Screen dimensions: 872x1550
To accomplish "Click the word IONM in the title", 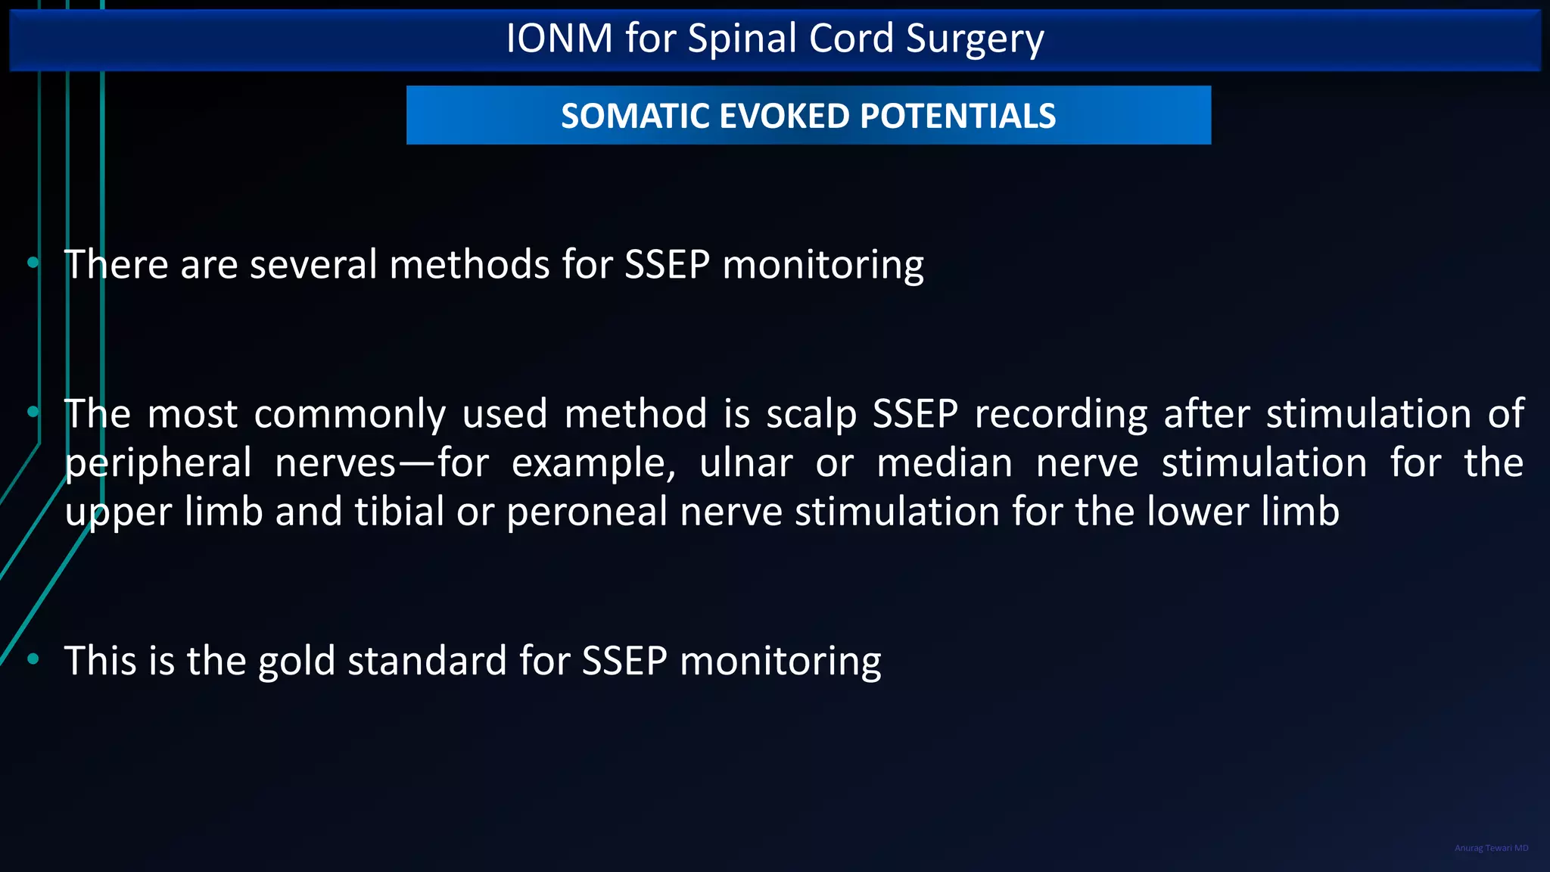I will tap(559, 39).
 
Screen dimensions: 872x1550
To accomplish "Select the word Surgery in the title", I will tap(975, 39).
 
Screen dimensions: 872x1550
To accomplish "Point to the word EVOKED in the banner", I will tap(785, 116).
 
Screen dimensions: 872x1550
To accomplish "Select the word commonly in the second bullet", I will tap(350, 414).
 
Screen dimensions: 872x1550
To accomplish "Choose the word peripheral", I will tap(158, 464).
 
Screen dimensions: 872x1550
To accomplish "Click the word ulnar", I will tap(746, 462).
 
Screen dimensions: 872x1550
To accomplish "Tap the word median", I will tap(945, 462).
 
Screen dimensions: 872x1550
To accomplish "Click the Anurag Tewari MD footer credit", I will tap(1491, 848).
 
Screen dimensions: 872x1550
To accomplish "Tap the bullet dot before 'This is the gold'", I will tap(33, 659).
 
